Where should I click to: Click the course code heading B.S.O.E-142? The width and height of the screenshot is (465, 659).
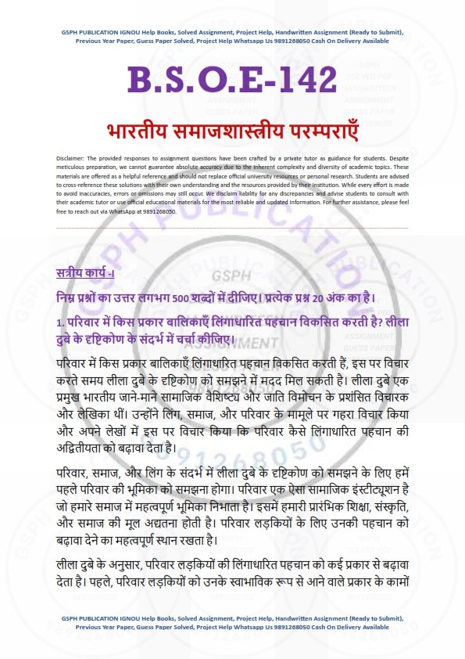click(x=232, y=80)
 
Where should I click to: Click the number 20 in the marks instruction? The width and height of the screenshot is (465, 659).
click(x=330, y=297)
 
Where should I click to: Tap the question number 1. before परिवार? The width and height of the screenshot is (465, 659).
click(x=60, y=321)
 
